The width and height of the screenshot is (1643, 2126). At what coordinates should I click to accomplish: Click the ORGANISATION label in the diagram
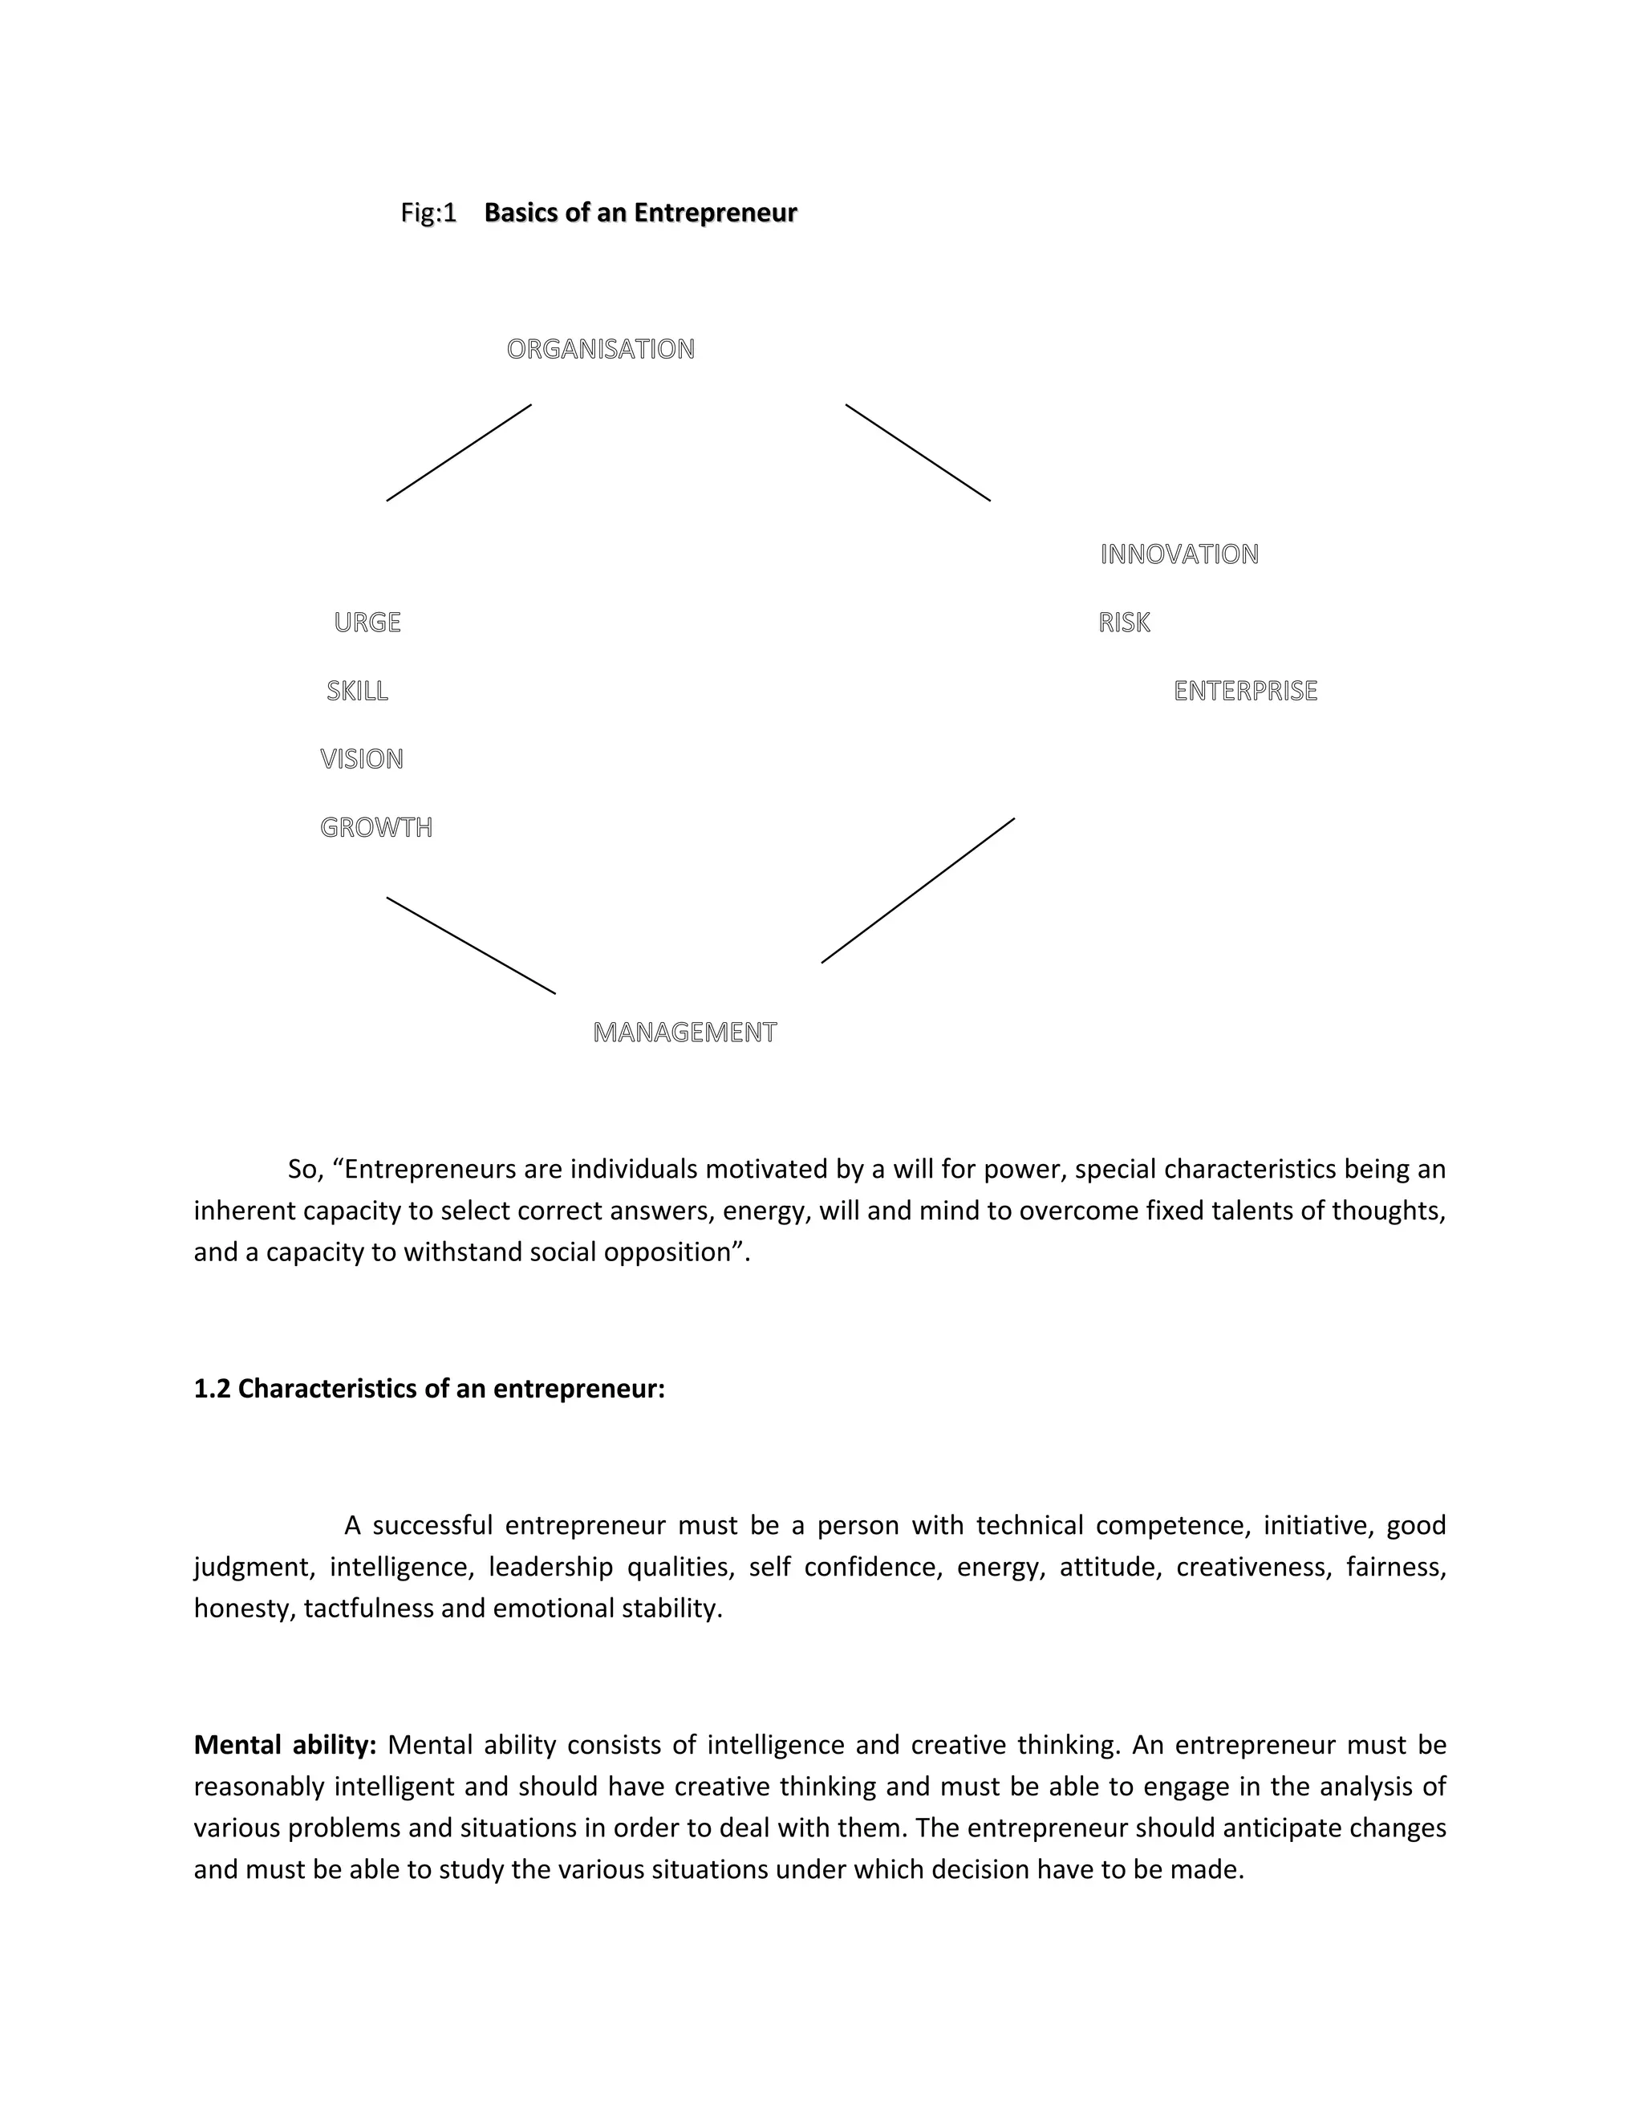[601, 350]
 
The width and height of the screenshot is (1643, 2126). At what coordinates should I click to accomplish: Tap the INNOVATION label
[1178, 555]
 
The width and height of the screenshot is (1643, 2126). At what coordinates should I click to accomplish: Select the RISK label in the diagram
[1123, 623]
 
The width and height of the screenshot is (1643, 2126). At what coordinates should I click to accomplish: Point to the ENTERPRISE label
[1245, 691]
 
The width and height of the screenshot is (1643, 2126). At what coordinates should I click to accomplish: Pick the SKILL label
[357, 691]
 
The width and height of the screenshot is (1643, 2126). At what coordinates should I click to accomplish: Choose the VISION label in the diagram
[361, 759]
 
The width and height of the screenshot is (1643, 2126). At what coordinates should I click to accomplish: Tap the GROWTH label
[375, 827]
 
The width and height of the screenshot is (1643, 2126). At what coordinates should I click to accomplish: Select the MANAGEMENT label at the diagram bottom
[684, 1033]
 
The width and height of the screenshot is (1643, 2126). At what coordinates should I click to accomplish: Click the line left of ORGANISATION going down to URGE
[458, 452]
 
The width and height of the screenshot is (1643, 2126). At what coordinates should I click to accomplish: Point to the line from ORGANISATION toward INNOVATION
[918, 452]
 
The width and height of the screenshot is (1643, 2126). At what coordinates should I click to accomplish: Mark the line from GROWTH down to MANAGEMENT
[471, 945]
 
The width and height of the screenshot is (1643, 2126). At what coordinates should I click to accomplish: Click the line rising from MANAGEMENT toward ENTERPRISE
[918, 891]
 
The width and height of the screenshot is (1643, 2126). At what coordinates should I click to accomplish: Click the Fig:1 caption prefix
[428, 213]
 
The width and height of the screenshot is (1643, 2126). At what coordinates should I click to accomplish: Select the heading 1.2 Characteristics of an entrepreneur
[429, 1389]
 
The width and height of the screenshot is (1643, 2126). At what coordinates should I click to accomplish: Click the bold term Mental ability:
[284, 1744]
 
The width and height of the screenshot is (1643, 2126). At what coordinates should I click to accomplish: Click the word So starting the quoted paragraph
[304, 1169]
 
